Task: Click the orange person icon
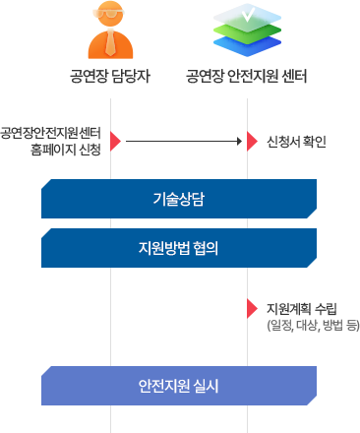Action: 110,35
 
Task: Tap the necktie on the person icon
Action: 110,48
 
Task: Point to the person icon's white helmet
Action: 110,14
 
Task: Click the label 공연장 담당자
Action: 110,77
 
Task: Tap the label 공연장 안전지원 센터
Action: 248,77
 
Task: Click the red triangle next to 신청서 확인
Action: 253,141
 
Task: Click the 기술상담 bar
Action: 178,199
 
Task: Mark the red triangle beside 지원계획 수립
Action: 252,309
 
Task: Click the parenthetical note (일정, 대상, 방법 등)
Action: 312,324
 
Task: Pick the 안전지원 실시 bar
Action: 178,384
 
